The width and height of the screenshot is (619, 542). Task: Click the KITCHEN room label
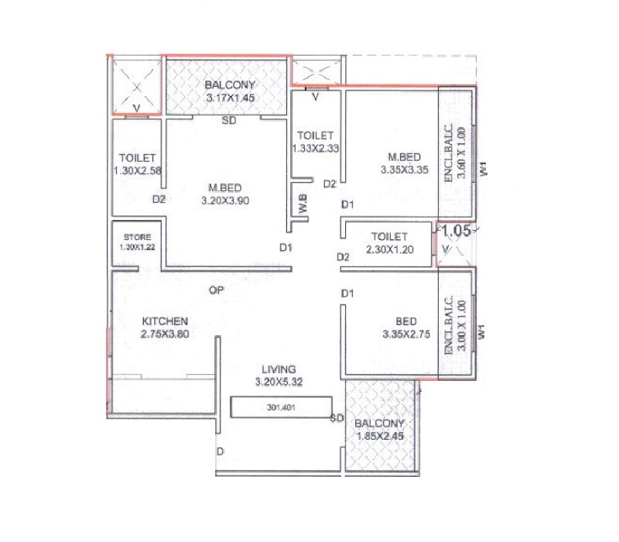pos(165,321)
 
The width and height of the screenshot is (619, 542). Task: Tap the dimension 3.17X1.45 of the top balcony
pos(230,98)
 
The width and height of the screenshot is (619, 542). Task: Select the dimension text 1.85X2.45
pos(379,436)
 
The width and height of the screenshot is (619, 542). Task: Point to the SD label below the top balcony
pos(229,121)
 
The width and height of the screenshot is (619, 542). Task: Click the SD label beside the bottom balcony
pos(336,419)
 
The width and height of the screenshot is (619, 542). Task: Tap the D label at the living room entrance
pos(221,451)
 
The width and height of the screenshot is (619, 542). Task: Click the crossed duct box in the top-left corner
pos(135,85)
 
